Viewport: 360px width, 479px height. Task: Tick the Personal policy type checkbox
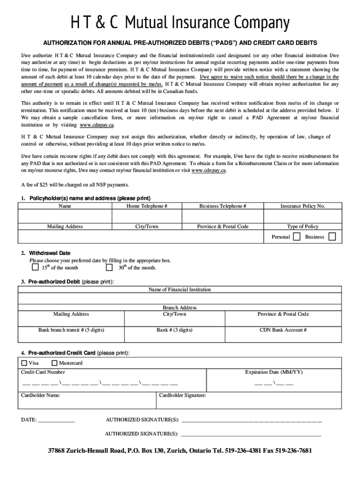[x=296, y=237]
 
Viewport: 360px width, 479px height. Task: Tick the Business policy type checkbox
[x=332, y=237]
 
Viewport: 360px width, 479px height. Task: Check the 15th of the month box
[x=35, y=268]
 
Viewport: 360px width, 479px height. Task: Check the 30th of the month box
[x=109, y=268]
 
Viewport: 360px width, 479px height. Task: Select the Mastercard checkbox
[x=54, y=363]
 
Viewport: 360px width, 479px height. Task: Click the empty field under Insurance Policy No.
[x=302, y=216]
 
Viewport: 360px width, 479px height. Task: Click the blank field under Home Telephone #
[x=147, y=216]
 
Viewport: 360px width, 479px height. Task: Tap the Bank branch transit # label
[x=71, y=330]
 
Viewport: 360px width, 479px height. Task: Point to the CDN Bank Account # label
[x=283, y=330]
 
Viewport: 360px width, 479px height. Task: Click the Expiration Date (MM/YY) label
[x=274, y=372]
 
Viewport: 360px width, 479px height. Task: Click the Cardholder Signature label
[x=182, y=395]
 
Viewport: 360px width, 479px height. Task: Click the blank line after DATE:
[x=56, y=420]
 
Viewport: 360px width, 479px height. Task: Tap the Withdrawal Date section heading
[x=50, y=253]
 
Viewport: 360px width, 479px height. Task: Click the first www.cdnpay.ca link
[x=97, y=125]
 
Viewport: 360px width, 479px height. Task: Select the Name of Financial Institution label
[x=180, y=290]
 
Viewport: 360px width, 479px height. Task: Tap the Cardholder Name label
[x=41, y=395]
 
